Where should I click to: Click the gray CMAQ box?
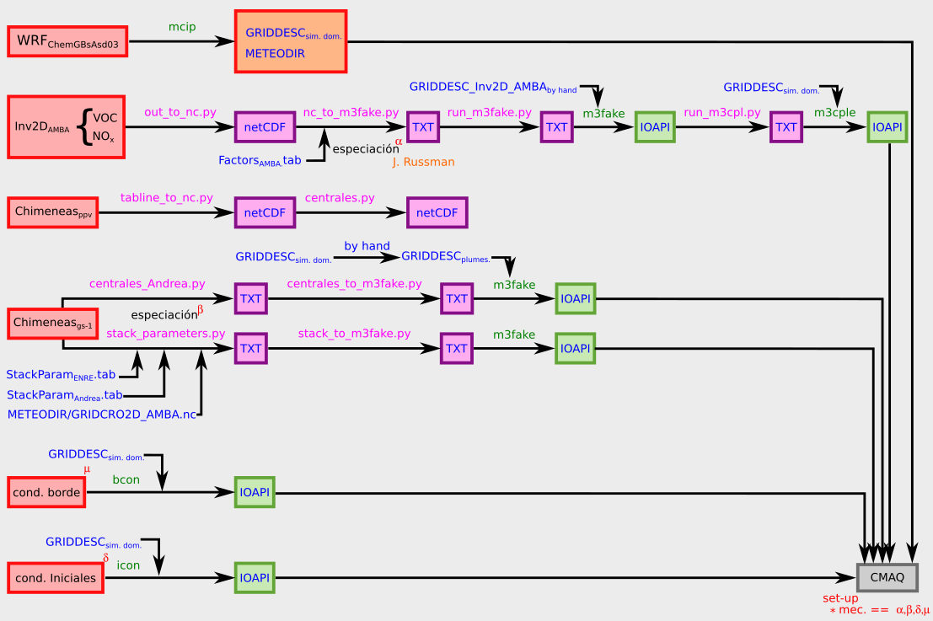887,577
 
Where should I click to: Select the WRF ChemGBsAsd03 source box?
67,41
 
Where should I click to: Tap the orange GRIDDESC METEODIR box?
291,42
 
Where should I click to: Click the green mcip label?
182,27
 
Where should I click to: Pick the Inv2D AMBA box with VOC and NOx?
66,127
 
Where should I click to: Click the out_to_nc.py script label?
180,111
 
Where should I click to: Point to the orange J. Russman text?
423,162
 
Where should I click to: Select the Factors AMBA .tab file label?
260,160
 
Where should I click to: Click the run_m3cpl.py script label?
722,111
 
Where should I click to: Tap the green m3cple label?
835,112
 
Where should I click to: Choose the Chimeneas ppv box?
53,212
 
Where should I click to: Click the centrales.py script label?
340,197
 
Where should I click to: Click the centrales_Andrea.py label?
147,284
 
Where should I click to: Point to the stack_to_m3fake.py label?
354,334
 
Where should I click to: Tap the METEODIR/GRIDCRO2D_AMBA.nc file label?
102,415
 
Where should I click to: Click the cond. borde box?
47,492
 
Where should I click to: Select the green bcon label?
126,479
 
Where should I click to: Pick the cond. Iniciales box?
56,578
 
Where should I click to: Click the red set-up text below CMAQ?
840,598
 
